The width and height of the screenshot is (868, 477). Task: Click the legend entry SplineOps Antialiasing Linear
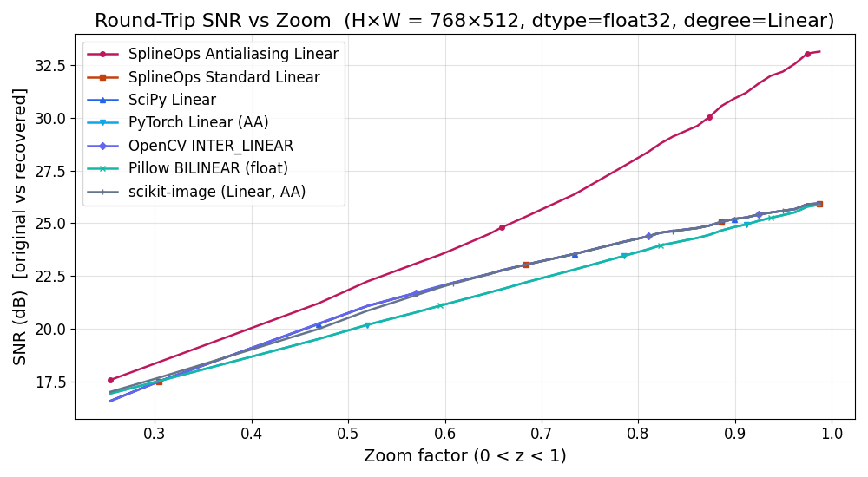[233, 54]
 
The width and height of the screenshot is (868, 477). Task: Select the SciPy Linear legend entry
[172, 100]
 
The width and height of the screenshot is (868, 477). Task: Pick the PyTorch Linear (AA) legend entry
[198, 122]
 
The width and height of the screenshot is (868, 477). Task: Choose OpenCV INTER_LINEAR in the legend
[211, 146]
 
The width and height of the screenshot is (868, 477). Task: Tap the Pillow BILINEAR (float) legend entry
[207, 168]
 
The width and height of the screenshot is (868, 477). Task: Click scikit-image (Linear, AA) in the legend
[217, 192]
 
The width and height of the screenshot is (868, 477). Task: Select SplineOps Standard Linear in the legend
[224, 77]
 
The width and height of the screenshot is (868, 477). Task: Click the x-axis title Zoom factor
[464, 455]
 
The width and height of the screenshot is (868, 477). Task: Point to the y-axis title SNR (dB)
[19, 225]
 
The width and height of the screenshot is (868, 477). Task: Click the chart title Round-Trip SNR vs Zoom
[464, 21]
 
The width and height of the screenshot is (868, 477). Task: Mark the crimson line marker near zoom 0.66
[502, 227]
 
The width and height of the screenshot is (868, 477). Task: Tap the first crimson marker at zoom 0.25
[110, 380]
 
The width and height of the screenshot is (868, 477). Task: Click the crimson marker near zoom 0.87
[709, 117]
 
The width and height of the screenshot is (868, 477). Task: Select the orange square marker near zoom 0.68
[526, 265]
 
